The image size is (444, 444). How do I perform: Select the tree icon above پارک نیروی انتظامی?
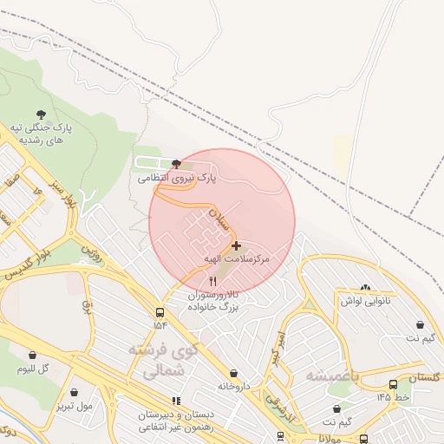pyautogui.click(x=177, y=162)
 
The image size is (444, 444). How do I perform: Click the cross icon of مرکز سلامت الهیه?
pyautogui.click(x=236, y=246)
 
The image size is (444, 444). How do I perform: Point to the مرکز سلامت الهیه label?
pyautogui.click(x=237, y=259)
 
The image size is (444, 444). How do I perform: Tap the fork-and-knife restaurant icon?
pyautogui.click(x=213, y=282)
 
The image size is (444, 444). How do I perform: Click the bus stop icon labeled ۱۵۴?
pyautogui.click(x=160, y=312)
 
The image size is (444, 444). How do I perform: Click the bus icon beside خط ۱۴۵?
pyautogui.click(x=394, y=384)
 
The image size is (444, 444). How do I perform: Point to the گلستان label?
pyautogui.click(x=423, y=378)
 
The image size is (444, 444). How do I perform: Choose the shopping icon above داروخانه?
pyautogui.click(x=233, y=373)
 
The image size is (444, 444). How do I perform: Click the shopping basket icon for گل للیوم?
pyautogui.click(x=32, y=355)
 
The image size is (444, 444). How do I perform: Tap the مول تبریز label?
pyautogui.click(x=74, y=405)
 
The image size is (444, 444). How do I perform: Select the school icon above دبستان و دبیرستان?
pyautogui.click(x=176, y=401)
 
